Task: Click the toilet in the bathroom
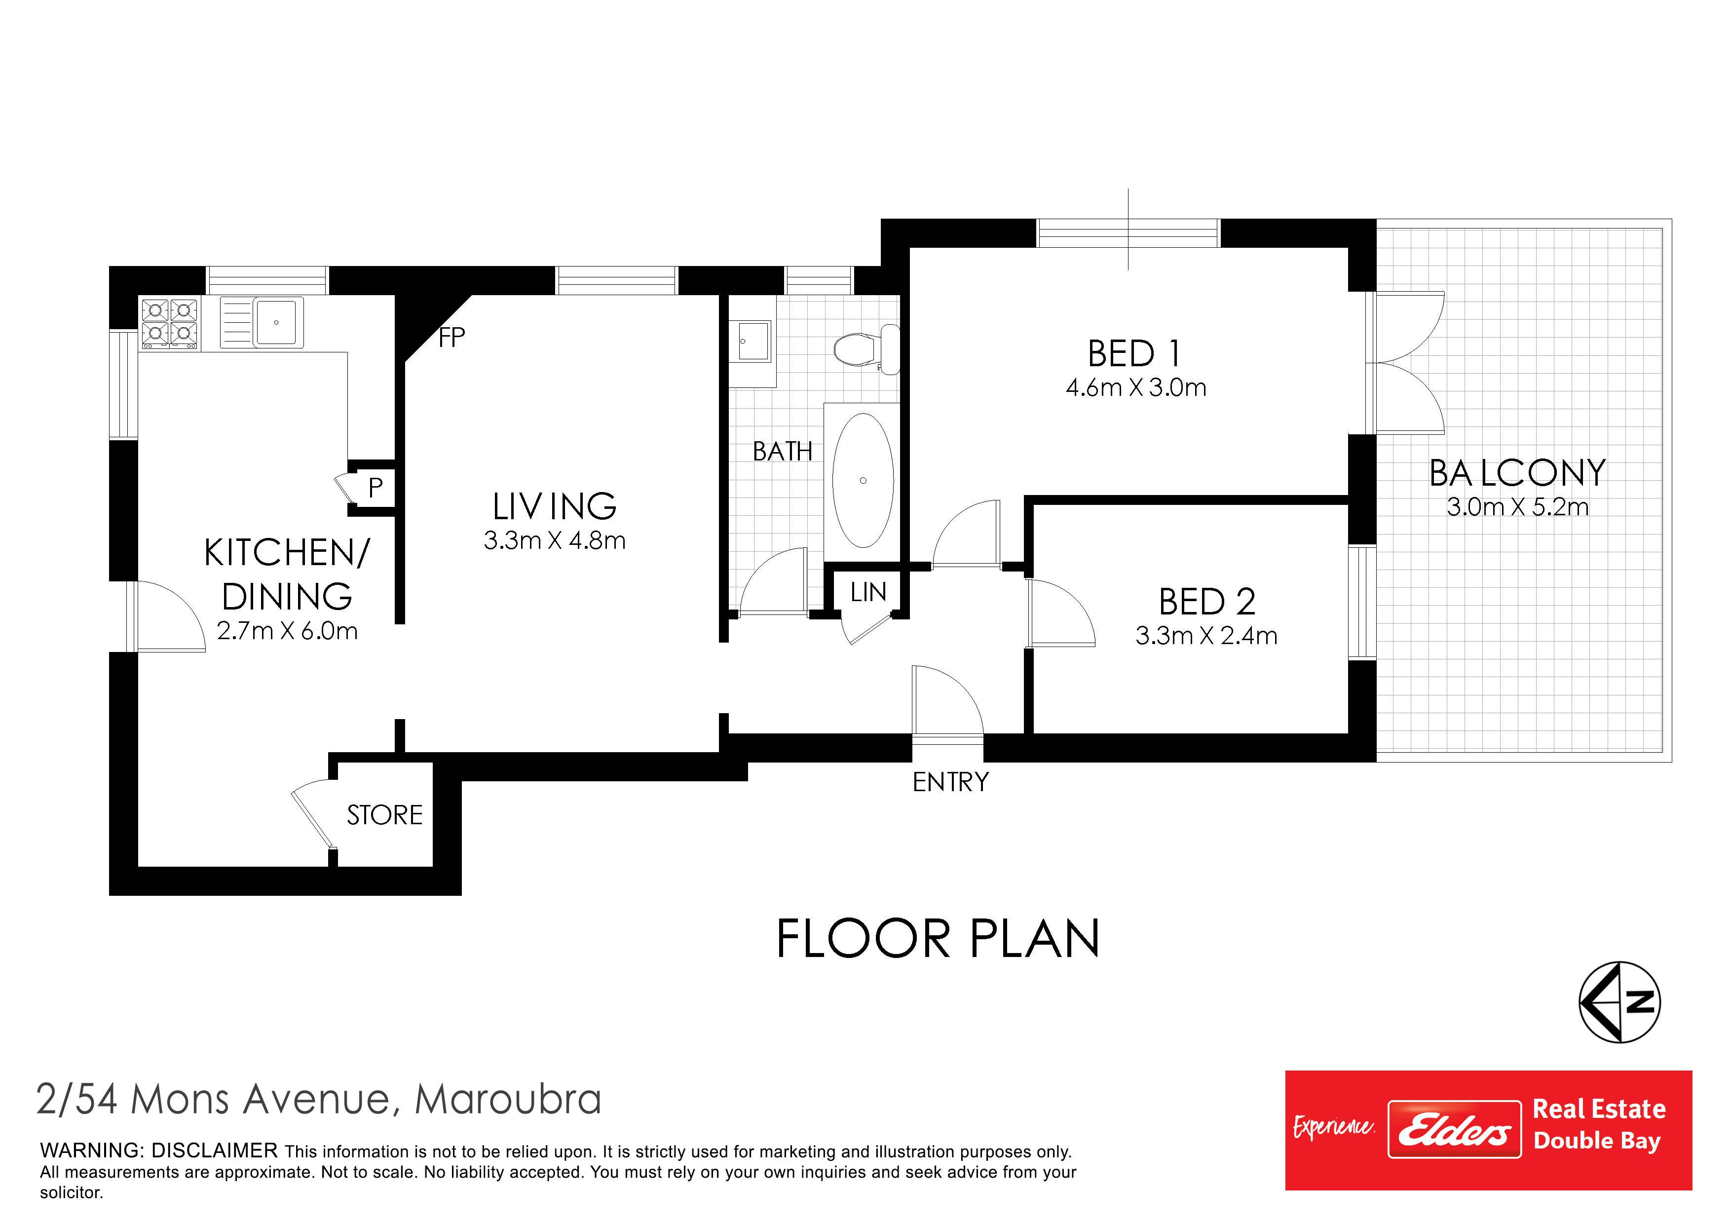[x=867, y=349]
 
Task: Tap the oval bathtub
[x=863, y=480]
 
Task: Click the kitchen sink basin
[x=277, y=321]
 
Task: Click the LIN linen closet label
[x=868, y=592]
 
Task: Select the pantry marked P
[x=375, y=488]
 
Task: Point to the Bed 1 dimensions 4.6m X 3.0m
[x=1135, y=387]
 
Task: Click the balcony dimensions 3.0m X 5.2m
[x=1517, y=507]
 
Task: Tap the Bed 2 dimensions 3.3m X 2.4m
[x=1206, y=636]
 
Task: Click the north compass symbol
[x=1619, y=1002]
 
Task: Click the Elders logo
[x=1454, y=1129]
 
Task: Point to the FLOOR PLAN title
[x=938, y=939]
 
